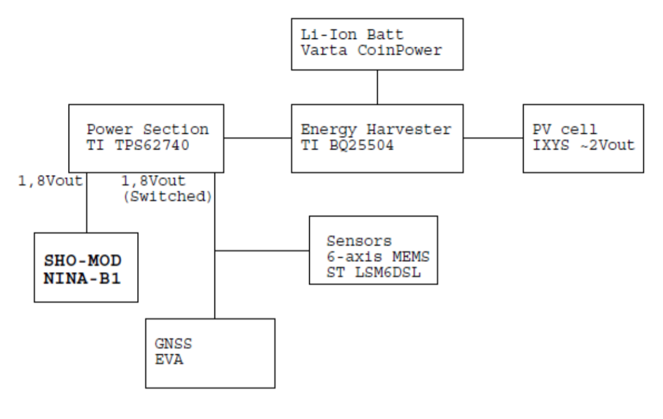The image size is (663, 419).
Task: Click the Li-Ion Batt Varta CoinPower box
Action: click(x=377, y=44)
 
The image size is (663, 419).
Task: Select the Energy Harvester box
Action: click(x=377, y=138)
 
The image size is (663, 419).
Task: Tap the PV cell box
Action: click(x=583, y=138)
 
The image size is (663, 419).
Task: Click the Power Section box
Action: click(x=146, y=138)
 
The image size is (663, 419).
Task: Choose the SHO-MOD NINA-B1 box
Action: click(x=86, y=267)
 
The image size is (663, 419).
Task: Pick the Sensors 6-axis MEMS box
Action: click(x=372, y=250)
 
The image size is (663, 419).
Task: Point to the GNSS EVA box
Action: click(x=210, y=353)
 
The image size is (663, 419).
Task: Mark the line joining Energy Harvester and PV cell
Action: click(x=493, y=138)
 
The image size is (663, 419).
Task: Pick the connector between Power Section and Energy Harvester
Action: click(x=257, y=138)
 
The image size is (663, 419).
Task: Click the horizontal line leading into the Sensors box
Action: click(x=261, y=251)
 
